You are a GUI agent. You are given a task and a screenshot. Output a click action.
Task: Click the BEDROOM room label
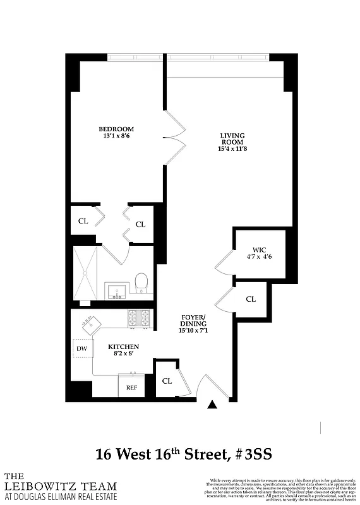pyautogui.click(x=116, y=129)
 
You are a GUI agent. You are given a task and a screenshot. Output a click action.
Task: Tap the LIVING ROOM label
pyautogui.click(x=232, y=139)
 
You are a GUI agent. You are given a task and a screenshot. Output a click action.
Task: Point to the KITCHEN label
pyautogui.click(x=123, y=347)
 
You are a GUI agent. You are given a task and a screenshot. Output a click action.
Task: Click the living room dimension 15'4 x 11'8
pyautogui.click(x=232, y=150)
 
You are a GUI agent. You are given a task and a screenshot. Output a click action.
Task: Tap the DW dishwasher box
pyautogui.click(x=81, y=348)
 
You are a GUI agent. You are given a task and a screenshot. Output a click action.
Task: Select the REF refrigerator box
pyautogui.click(x=131, y=387)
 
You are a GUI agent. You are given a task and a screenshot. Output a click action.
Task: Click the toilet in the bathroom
pyautogui.click(x=141, y=282)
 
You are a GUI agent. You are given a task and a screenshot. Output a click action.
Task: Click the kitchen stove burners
pyautogui.click(x=140, y=318)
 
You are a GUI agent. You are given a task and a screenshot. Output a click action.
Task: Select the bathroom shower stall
pyautogui.click(x=86, y=273)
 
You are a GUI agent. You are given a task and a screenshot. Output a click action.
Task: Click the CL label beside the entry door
pyautogui.click(x=167, y=381)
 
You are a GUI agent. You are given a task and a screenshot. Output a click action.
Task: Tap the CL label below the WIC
pyautogui.click(x=251, y=299)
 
